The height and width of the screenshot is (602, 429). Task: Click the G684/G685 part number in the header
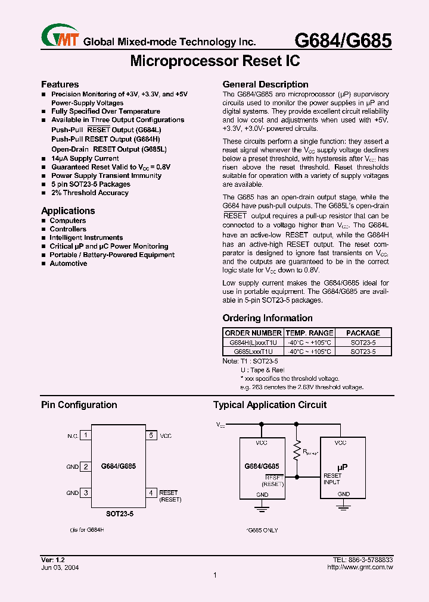click(x=344, y=40)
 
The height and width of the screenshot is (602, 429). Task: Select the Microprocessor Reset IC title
click(x=214, y=61)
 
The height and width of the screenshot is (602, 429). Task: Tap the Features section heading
click(x=60, y=84)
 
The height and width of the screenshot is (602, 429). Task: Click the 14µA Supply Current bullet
click(x=85, y=159)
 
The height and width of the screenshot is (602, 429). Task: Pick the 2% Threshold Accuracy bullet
click(x=89, y=193)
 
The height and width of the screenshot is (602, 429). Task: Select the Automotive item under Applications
click(x=68, y=264)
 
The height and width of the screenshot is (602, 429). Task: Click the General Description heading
click(x=265, y=84)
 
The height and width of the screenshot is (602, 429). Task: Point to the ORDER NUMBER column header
click(x=253, y=333)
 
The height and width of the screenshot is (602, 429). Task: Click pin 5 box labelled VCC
click(x=151, y=435)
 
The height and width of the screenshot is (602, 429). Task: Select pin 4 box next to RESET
click(x=151, y=493)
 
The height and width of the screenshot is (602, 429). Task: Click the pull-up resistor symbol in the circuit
click(x=296, y=452)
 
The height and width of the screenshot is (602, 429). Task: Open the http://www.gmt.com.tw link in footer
click(x=360, y=567)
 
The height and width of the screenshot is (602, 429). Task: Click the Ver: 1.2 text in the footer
click(x=52, y=560)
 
